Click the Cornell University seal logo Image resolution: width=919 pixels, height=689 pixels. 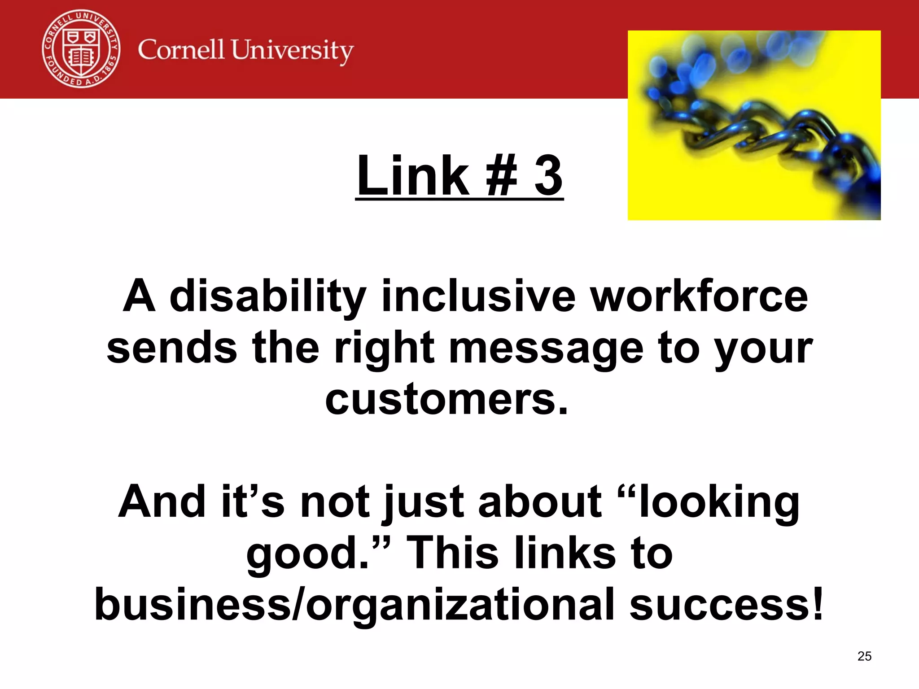pyautogui.click(x=81, y=49)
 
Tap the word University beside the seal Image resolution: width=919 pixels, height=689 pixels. pyautogui.click(x=292, y=50)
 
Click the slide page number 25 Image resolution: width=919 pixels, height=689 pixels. pyautogui.click(x=864, y=656)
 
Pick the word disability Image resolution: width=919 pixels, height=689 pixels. pyautogui.click(x=268, y=297)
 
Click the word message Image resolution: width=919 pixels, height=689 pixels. pyautogui.click(x=546, y=349)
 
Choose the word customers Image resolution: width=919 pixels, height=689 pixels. pyautogui.click(x=446, y=399)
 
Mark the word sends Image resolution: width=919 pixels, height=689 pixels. pyautogui.click(x=172, y=348)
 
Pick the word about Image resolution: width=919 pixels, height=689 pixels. pyautogui.click(x=540, y=501)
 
